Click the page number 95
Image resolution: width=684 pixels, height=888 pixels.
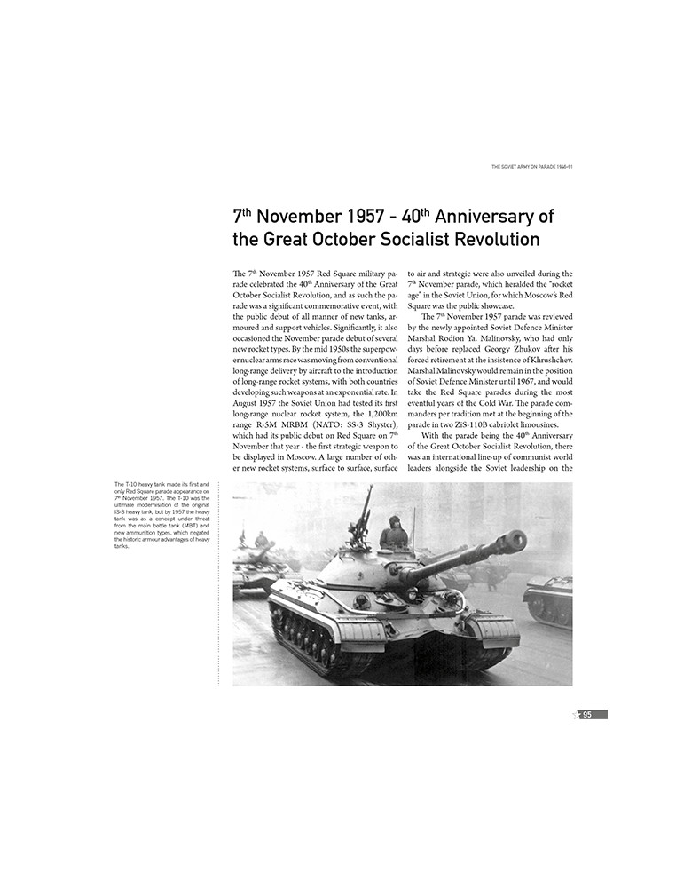[x=586, y=714]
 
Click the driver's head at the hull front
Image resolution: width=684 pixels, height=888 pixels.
[x=360, y=602]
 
